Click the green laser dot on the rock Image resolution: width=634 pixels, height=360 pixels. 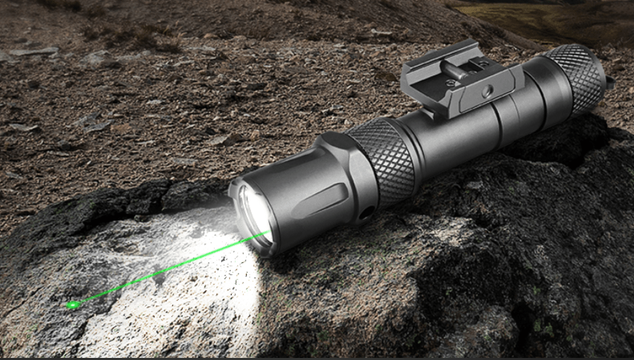pos(71,304)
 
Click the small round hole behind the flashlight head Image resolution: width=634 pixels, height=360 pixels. pos(363,213)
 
